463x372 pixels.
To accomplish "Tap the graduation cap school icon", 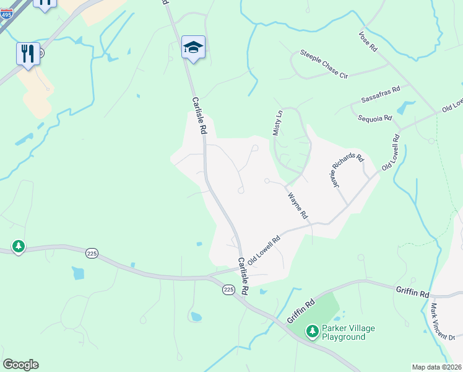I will click(x=193, y=48).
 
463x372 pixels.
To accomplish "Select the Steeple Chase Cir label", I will click(x=324, y=64).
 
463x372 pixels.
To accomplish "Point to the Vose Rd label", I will click(x=367, y=43).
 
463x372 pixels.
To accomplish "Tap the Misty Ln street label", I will click(x=277, y=123).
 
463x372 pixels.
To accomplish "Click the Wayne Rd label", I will click(x=298, y=206).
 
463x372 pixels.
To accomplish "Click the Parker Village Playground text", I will click(x=348, y=332).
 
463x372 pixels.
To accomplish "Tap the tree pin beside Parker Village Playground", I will click(x=312, y=332).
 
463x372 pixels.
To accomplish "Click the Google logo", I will click(x=20, y=365).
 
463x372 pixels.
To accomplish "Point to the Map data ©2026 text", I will click(x=436, y=366).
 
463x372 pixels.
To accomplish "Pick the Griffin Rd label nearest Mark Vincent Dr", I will click(x=412, y=291).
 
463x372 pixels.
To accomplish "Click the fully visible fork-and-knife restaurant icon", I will click(x=28, y=53).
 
